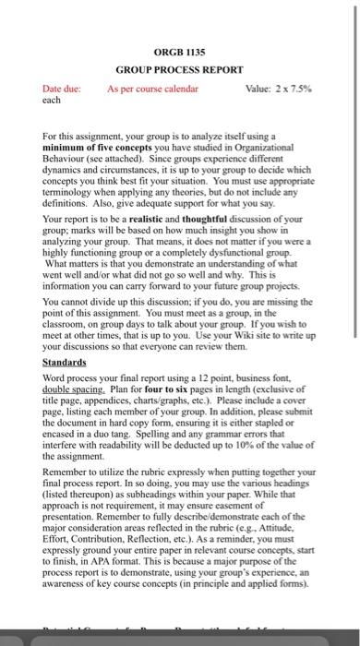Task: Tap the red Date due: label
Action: [x=63, y=89]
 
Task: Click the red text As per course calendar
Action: [x=153, y=89]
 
